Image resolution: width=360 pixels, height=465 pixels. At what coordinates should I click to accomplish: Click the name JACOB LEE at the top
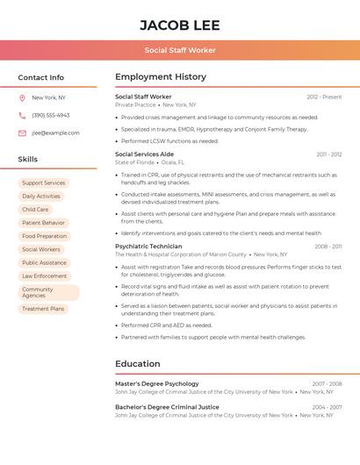pyautogui.click(x=180, y=25)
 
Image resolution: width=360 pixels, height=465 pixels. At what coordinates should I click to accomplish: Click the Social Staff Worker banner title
pyautogui.click(x=180, y=50)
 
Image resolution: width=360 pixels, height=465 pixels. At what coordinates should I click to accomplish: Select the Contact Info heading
pyautogui.click(x=41, y=77)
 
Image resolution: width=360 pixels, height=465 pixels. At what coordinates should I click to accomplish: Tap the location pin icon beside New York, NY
pyautogui.click(x=22, y=98)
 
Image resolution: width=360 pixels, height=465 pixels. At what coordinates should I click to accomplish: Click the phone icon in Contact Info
pyautogui.click(x=22, y=116)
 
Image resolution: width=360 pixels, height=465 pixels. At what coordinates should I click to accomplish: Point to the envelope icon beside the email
pyautogui.click(x=22, y=133)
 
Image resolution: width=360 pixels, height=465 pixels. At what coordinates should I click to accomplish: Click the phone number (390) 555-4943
pyautogui.click(x=51, y=116)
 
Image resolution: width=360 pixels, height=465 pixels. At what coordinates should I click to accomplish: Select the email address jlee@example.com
pyautogui.click(x=55, y=133)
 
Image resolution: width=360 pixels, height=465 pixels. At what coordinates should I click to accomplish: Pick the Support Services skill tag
pyautogui.click(x=44, y=183)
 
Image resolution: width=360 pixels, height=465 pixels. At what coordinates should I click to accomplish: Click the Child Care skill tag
pyautogui.click(x=35, y=210)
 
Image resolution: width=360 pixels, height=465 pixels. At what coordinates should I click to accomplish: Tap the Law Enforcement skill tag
pyautogui.click(x=45, y=275)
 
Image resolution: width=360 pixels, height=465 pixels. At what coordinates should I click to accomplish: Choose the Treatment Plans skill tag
pyautogui.click(x=43, y=309)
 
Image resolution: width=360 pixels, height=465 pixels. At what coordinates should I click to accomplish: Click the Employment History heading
pyautogui.click(x=161, y=77)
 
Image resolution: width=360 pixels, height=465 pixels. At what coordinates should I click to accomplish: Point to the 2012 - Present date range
pyautogui.click(x=324, y=97)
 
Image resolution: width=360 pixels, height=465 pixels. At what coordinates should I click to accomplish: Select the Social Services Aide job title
pyautogui.click(x=144, y=154)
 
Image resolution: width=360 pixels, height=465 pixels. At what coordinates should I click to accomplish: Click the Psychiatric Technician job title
pyautogui.click(x=148, y=247)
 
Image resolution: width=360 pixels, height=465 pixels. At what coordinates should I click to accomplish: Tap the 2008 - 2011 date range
pyautogui.click(x=328, y=247)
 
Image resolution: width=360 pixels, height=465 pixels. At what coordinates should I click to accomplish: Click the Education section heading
pyautogui.click(x=138, y=363)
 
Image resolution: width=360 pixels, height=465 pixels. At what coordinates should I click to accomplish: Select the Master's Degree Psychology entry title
pyautogui.click(x=157, y=383)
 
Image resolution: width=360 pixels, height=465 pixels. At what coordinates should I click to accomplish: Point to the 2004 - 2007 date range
pyautogui.click(x=327, y=407)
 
